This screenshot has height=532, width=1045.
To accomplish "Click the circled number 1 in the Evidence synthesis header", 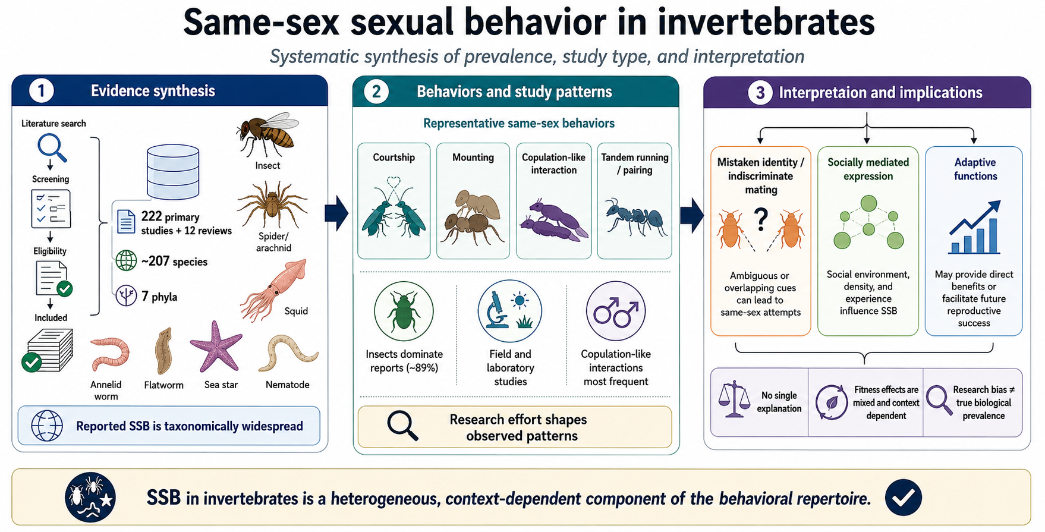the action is coord(41,91).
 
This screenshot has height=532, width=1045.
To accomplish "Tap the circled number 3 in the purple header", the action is coord(760,93).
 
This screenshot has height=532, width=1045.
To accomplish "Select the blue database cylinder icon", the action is coord(173,171).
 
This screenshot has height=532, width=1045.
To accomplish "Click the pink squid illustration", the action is coord(274,290).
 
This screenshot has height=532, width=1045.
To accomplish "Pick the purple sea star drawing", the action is coord(216,346).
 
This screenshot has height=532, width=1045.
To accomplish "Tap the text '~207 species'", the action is coord(174,262).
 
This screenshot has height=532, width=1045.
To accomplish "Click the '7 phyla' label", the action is coord(159,297).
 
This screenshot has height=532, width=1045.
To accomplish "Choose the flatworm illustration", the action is coord(163,351).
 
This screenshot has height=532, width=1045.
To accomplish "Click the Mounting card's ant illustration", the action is coord(473,216).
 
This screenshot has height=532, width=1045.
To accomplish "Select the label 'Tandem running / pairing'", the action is coord(635,163).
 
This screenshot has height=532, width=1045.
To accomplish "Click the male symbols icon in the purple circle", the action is coord(616,311).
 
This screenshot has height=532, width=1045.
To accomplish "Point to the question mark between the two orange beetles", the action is coord(761,220).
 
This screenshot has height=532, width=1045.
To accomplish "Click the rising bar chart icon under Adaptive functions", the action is coord(974,228).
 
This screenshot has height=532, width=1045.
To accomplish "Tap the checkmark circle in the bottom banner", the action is coord(903,497).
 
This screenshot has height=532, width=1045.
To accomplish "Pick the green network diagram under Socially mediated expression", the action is coord(868,223).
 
